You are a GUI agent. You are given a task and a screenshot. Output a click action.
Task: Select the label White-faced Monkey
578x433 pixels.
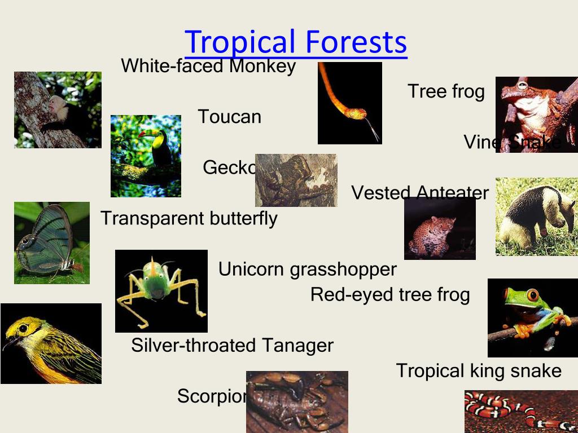208,66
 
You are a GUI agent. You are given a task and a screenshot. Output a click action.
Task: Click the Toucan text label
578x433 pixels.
230,117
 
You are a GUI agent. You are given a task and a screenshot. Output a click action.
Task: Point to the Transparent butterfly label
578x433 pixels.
189,218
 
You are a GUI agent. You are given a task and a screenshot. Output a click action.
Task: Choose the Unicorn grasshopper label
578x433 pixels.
308,269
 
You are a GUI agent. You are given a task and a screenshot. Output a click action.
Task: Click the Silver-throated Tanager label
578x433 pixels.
232,345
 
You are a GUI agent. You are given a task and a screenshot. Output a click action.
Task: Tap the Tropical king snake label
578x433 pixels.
479,370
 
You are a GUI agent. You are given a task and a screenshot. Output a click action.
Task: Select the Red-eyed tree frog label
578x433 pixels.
390,294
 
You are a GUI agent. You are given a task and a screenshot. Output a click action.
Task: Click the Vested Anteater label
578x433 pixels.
420,193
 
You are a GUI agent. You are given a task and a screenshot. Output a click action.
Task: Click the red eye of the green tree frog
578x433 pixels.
532,295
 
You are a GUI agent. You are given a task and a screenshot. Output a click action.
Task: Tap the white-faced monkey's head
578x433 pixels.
56,104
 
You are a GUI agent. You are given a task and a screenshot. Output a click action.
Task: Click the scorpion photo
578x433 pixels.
297,401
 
